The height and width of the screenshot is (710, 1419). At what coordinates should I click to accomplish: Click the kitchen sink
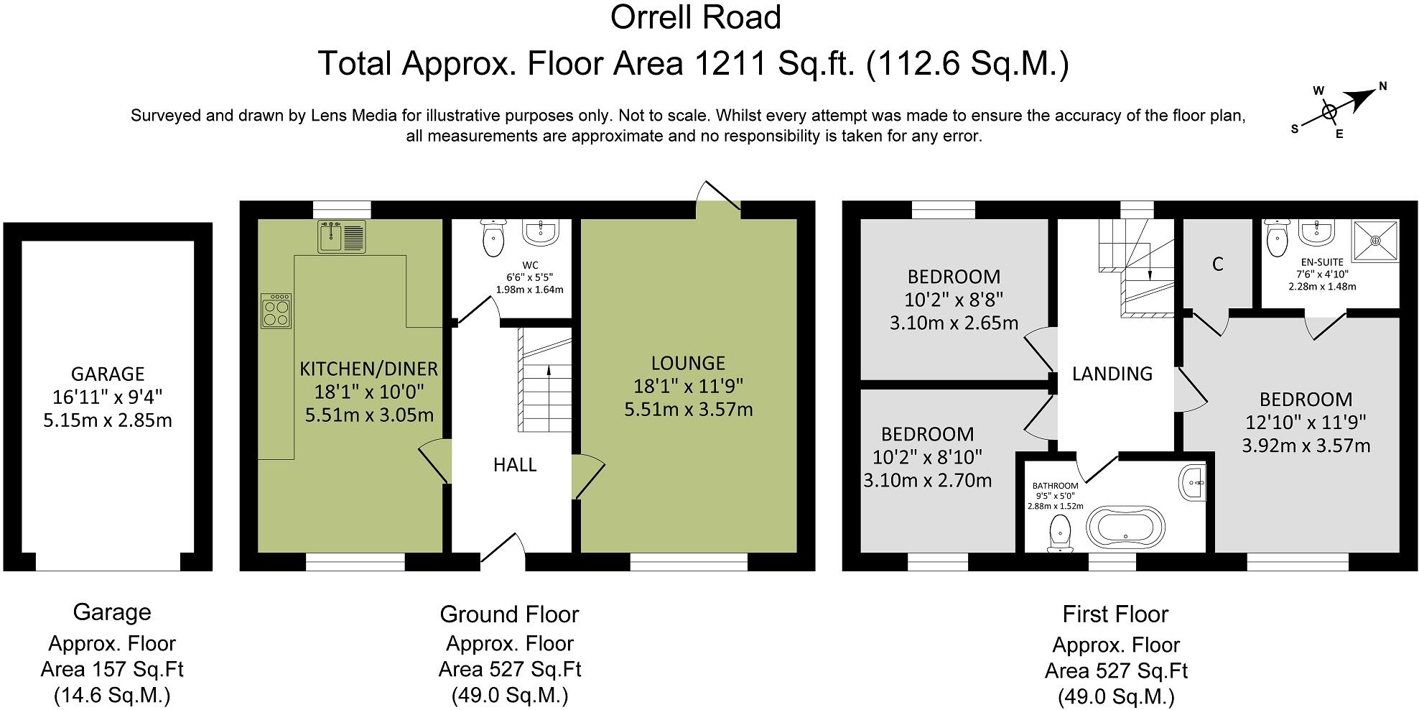[342, 236]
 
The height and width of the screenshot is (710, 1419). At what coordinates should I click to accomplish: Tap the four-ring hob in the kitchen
[276, 311]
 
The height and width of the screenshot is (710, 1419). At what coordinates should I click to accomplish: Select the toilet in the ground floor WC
[493, 237]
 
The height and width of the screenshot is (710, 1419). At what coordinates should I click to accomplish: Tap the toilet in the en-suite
[1277, 238]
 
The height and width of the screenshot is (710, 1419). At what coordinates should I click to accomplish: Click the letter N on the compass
[1382, 88]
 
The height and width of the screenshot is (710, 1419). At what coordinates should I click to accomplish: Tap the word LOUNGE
[688, 363]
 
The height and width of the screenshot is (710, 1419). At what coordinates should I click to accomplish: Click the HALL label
[515, 465]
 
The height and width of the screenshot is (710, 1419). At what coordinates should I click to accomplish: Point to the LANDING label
[1112, 374]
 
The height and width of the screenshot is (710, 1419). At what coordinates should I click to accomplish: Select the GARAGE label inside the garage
[108, 374]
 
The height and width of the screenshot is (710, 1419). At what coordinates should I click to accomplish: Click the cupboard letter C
[1218, 264]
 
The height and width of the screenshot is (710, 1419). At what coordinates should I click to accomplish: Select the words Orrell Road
[696, 17]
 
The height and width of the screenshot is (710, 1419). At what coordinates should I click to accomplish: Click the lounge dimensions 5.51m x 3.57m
[688, 410]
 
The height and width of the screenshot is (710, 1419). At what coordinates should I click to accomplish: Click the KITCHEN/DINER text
[368, 369]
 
